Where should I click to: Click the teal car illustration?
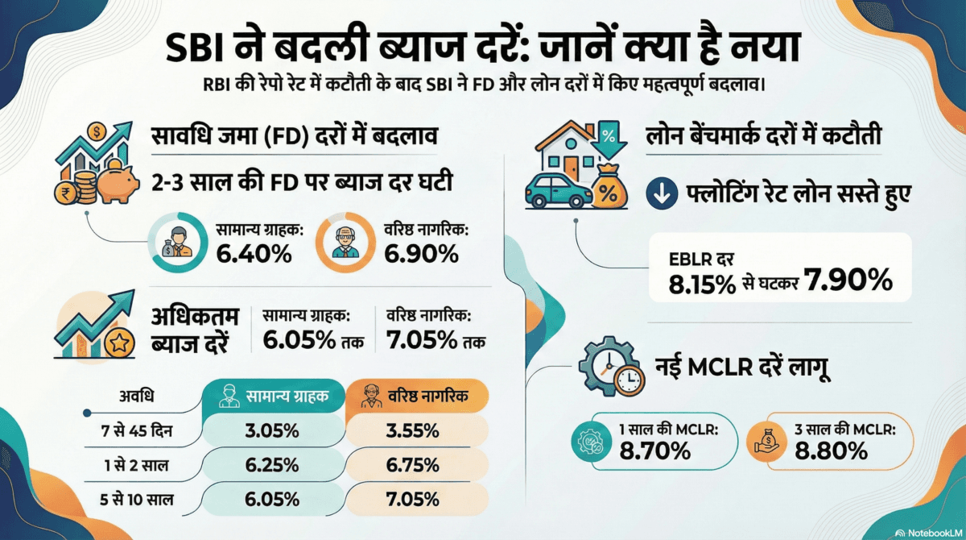555,189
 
